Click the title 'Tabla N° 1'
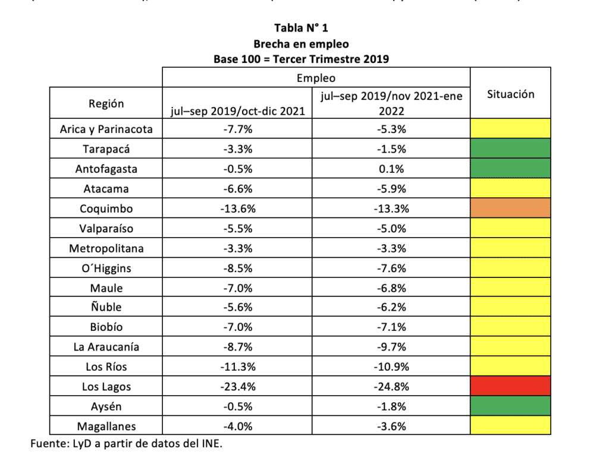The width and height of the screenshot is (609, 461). click(301, 28)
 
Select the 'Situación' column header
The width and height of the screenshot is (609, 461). click(510, 94)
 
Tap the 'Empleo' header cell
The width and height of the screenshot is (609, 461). click(316, 78)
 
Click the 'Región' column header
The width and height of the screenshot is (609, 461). click(106, 103)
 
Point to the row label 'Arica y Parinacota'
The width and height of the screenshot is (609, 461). click(106, 129)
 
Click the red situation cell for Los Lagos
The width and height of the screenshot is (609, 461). click(510, 386)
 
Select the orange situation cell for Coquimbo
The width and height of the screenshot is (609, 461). click(510, 209)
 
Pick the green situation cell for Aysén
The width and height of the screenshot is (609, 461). click(510, 406)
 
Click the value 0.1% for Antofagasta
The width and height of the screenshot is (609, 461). click(391, 169)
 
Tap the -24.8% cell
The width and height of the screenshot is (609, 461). click(391, 387)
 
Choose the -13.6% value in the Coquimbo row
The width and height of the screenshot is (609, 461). click(237, 209)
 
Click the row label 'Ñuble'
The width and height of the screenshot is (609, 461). click(106, 307)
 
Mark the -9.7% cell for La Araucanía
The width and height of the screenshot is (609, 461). click(391, 347)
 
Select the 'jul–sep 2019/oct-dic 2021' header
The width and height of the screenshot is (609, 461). click(237, 110)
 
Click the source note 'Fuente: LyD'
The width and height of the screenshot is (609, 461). click(125, 444)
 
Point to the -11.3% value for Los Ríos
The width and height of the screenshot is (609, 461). click(237, 367)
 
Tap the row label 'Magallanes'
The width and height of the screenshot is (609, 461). click(106, 426)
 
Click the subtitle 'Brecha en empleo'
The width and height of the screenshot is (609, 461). click(301, 43)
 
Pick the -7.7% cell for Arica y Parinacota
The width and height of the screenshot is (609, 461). click(237, 129)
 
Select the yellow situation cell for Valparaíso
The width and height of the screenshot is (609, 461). click(510, 228)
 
